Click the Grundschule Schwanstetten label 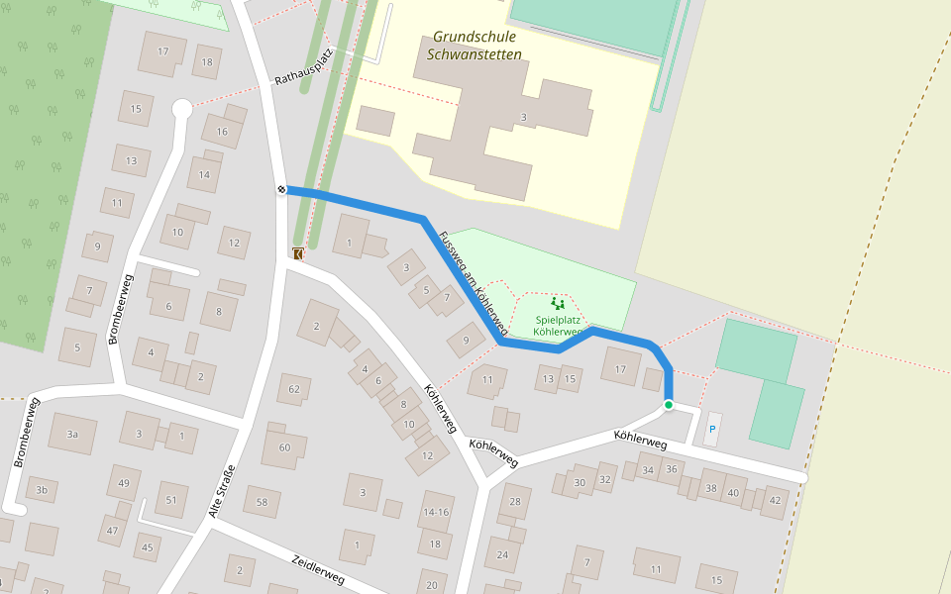(474, 46)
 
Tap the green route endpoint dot (669, 405)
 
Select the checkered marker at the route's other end (282, 189)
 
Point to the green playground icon (557, 304)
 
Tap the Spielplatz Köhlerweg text (558, 326)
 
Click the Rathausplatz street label (302, 66)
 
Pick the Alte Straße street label (222, 491)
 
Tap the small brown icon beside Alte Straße (298, 253)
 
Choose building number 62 (293, 389)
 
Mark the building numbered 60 (284, 447)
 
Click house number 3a (71, 434)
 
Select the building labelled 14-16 (436, 512)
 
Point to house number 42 (776, 500)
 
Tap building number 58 (262, 502)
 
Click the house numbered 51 (170, 500)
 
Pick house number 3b (41, 489)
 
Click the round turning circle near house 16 (181, 108)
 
